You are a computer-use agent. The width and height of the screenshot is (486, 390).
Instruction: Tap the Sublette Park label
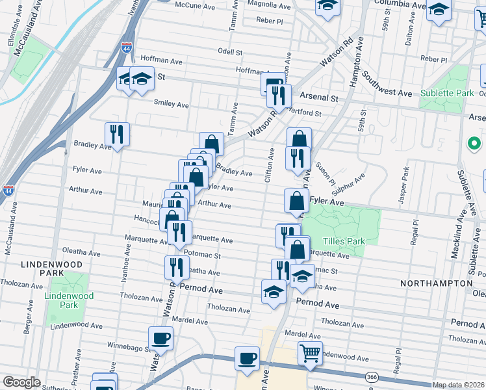[446, 93]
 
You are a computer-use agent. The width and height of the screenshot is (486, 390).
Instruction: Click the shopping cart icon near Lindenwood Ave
[310, 354]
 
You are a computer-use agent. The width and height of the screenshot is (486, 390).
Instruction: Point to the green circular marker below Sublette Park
[474, 142]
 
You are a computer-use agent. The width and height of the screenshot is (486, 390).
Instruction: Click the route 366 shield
[372, 377]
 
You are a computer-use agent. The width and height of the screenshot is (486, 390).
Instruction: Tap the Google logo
[21, 382]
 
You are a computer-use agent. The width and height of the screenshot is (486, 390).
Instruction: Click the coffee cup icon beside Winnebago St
[160, 338]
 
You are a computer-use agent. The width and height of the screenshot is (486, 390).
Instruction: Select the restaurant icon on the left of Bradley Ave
[117, 134]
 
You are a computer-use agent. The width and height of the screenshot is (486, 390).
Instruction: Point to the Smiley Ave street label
[171, 104]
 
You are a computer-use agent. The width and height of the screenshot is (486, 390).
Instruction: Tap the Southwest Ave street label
[388, 84]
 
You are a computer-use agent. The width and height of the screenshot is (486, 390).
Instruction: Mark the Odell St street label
[230, 52]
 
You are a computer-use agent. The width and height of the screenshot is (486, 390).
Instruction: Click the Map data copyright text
[457, 385]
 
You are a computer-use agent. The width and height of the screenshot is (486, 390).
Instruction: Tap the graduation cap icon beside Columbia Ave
[439, 10]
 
